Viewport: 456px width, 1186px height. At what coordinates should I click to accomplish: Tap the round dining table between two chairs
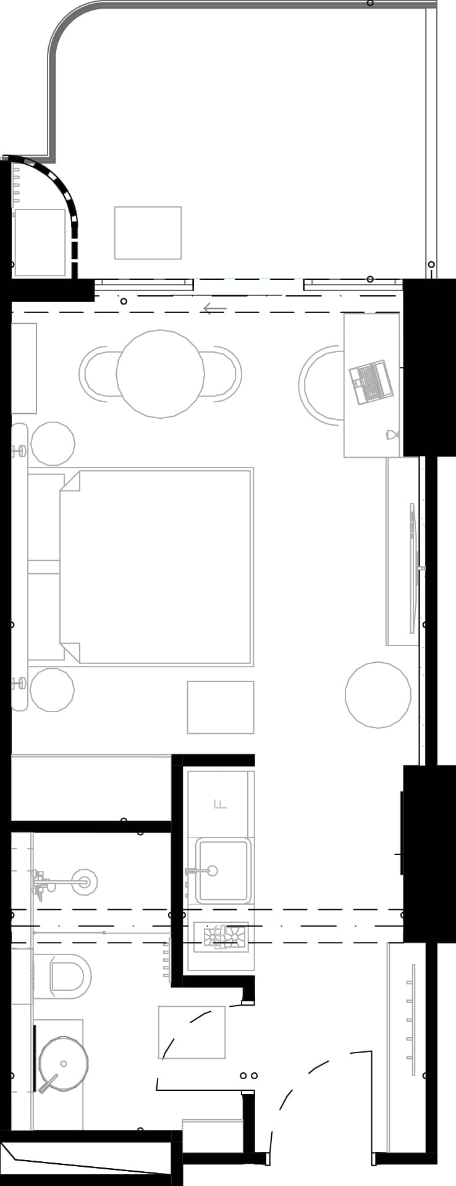pyautogui.click(x=160, y=373)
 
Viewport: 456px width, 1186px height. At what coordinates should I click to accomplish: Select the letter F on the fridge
pyautogui.click(x=220, y=804)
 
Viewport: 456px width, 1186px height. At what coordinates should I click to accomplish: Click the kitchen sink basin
pyautogui.click(x=223, y=870)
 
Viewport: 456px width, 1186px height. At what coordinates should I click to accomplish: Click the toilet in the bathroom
pyautogui.click(x=68, y=976)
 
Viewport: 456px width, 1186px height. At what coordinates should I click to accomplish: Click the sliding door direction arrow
pyautogui.click(x=215, y=308)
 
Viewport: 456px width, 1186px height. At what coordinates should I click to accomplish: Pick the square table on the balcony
pyautogui.click(x=148, y=233)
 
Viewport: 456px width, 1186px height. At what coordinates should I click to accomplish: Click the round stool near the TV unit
pyautogui.click(x=378, y=695)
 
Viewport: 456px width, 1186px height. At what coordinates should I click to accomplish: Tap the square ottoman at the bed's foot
pyautogui.click(x=221, y=707)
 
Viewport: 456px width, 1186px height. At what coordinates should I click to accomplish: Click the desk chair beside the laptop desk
pyautogui.click(x=320, y=384)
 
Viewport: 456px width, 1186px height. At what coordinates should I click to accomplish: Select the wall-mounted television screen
pyautogui.click(x=413, y=568)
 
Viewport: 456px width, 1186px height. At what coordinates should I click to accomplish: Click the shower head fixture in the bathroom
pyautogui.click(x=84, y=882)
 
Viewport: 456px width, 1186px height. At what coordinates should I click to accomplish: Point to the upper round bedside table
pyautogui.click(x=53, y=444)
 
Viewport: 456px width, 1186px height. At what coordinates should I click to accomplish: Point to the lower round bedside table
pyautogui.click(x=52, y=690)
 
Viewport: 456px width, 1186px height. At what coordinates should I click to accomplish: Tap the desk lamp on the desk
pyautogui.click(x=392, y=435)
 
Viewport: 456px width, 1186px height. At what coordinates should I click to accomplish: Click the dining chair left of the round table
pyautogui.click(x=98, y=373)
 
